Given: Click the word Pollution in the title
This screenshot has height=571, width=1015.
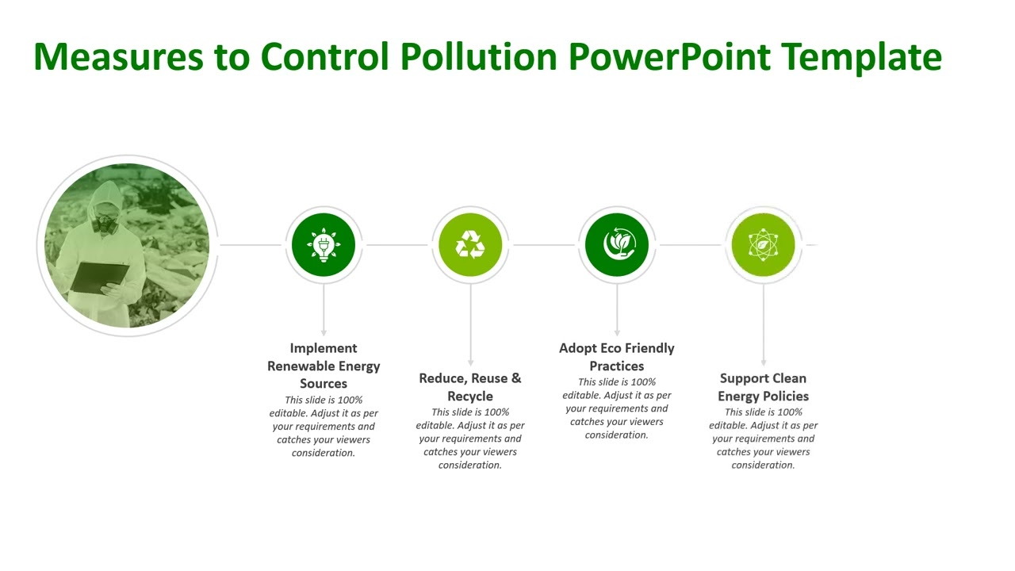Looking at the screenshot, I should [x=478, y=57].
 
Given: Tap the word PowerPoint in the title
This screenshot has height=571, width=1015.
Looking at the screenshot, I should [x=669, y=57].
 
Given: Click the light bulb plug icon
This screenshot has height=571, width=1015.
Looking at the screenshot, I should [x=324, y=245].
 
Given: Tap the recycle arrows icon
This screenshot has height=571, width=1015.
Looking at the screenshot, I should [x=470, y=245].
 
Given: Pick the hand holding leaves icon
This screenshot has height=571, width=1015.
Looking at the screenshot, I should [x=617, y=245].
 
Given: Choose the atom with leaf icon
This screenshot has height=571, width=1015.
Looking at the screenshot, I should [x=763, y=245].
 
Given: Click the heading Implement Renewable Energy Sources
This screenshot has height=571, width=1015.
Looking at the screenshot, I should [x=324, y=366].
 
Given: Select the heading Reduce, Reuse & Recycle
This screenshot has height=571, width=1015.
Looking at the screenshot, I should [x=470, y=387].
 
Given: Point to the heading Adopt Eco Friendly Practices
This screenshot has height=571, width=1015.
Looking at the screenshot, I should [x=617, y=357].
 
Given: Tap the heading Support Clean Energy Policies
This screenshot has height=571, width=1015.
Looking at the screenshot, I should [x=763, y=387].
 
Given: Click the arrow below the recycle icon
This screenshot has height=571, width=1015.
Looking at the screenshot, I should [x=470, y=361].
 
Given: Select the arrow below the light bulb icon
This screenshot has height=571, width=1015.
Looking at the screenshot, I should [x=324, y=331].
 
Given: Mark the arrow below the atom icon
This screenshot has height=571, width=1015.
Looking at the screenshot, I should [x=764, y=361].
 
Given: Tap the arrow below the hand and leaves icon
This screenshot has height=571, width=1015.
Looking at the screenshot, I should [x=617, y=331].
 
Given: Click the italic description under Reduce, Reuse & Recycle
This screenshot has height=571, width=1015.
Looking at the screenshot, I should [x=470, y=439].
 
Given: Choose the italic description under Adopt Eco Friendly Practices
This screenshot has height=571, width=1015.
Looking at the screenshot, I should [x=617, y=408].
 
